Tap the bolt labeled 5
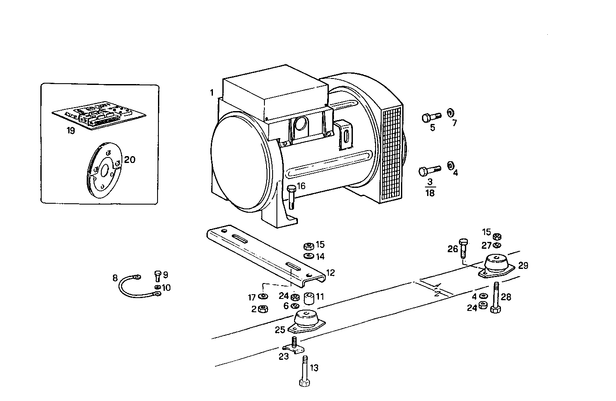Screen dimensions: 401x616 coord(431,117)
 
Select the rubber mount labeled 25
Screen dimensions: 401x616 coord(305,322)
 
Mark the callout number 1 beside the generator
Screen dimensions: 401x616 coord(212,93)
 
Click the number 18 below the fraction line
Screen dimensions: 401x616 coord(430,193)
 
